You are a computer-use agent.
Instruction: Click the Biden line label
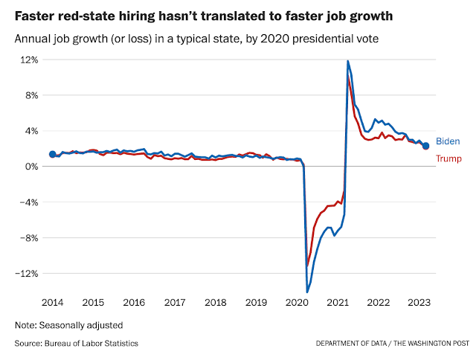point(448,141)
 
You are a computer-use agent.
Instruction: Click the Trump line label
point(448,158)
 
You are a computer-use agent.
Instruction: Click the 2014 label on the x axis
point(52,303)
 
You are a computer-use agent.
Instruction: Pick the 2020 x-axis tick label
point(297,303)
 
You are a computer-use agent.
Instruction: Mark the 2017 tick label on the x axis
point(174,303)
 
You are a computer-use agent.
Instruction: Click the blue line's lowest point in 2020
point(306,292)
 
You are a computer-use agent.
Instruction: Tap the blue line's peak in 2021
point(347,61)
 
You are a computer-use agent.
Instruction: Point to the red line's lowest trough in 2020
point(307,265)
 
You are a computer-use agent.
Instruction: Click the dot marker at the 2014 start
point(52,154)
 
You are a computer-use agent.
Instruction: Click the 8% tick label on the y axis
point(31,95)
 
